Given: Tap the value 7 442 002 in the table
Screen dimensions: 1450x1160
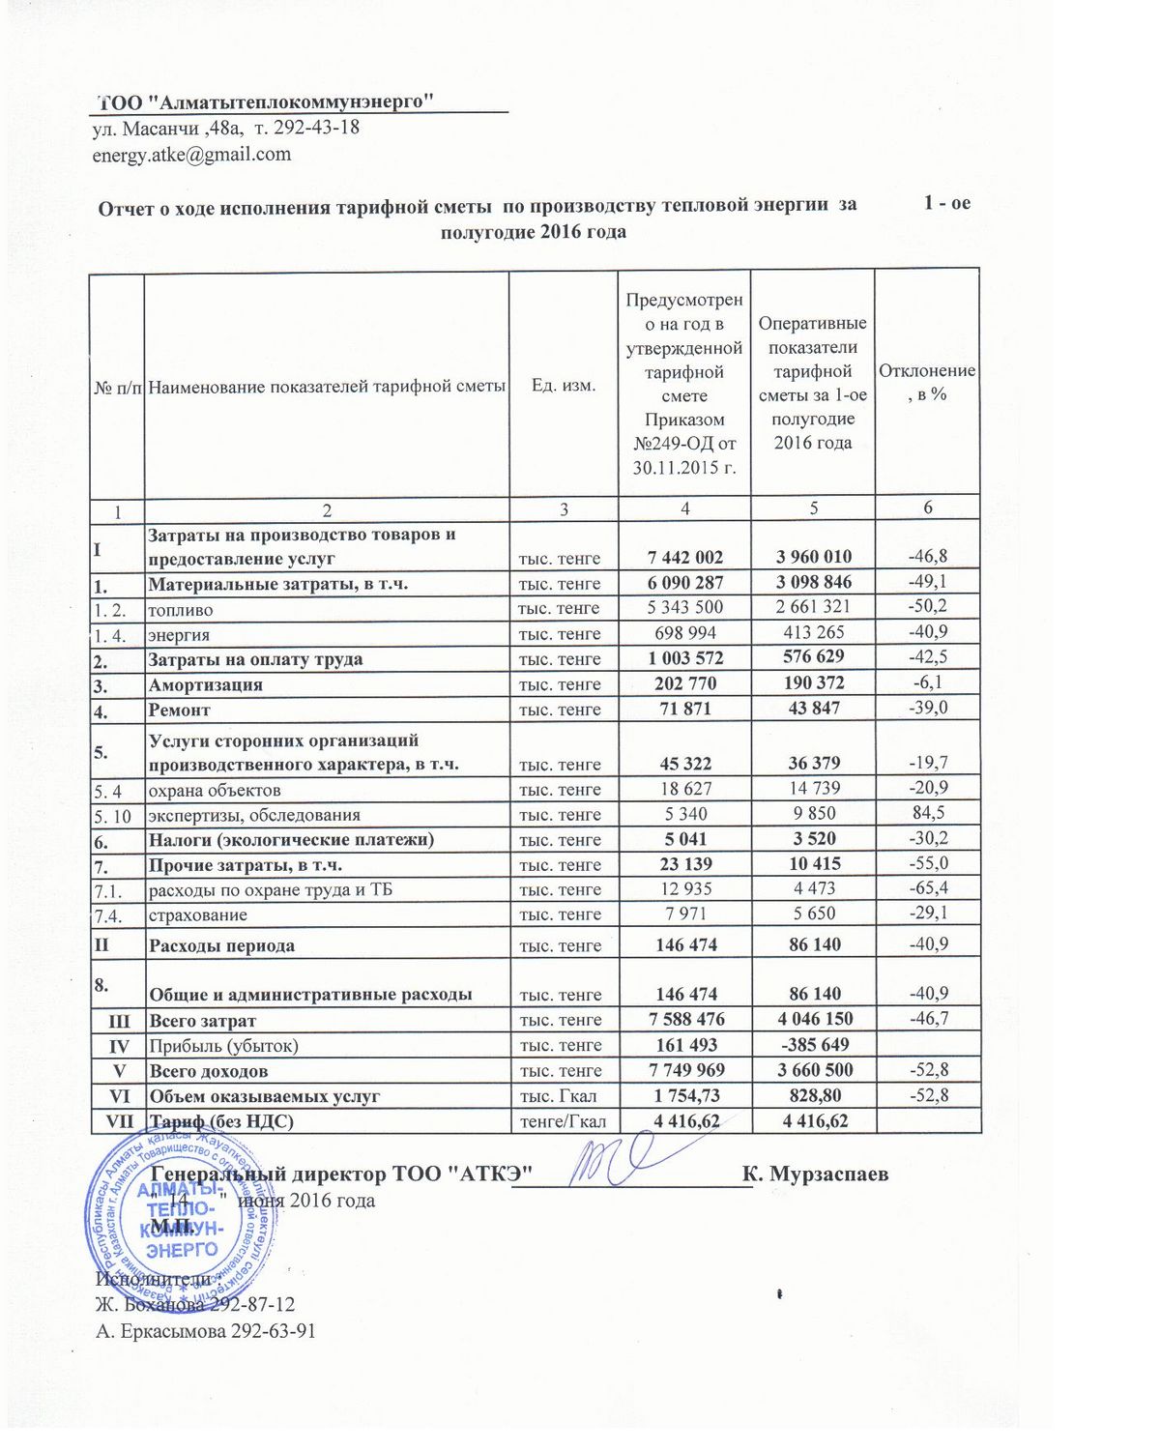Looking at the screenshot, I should pos(685,557).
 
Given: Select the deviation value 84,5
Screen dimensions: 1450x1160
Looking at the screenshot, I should pos(928,813).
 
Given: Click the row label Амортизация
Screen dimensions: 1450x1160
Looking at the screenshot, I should pos(205,684).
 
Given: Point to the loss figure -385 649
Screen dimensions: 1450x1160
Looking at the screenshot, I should pos(814,1045).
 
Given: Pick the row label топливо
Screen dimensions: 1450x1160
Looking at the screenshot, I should pos(180,610).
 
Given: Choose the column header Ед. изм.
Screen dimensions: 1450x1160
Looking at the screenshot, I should pos(564,385).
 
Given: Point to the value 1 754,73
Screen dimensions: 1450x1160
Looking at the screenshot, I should pos(685,1095).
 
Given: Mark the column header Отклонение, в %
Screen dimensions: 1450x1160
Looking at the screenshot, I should pos(927,383).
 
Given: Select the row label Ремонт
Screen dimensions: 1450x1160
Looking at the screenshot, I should pos(179,710).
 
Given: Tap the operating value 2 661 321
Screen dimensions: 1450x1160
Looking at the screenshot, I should pos(813,607).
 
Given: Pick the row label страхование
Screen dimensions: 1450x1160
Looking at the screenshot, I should pos(197,914).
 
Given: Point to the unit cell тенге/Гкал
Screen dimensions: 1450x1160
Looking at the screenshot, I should pos(563,1121).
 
